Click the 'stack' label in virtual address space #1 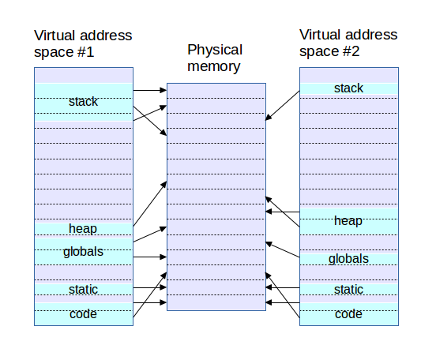(83, 102)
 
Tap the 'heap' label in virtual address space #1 (83, 229)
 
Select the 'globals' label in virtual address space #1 (83, 252)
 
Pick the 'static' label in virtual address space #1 (83, 290)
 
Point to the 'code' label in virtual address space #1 (83, 314)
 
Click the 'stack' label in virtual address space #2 (348, 88)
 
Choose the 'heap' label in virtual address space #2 (348, 221)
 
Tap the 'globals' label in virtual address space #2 (348, 259)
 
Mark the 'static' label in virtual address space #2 (348, 290)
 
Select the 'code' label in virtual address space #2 (348, 314)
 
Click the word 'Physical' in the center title (215, 51)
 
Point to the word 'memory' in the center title (213, 67)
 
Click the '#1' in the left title (86, 52)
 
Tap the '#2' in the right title (351, 51)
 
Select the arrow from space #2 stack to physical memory (283, 106)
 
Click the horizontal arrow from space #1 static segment (150, 287)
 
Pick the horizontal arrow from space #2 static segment (283, 287)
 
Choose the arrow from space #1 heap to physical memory (150, 204)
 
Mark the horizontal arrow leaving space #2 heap (283, 212)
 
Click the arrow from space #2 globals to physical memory (283, 249)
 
